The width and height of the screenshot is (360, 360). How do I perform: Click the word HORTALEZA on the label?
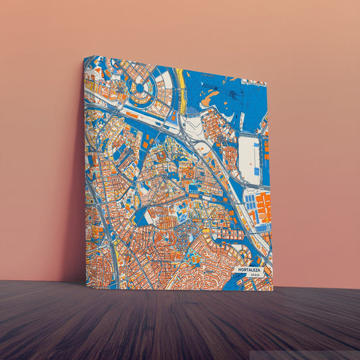[249, 269]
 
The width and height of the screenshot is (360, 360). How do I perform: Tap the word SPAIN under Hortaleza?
[255, 275]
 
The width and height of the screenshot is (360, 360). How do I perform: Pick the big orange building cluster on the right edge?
[263, 207]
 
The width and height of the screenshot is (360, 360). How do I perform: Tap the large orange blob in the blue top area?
[210, 100]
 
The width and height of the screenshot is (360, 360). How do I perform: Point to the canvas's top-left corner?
[85, 57]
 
